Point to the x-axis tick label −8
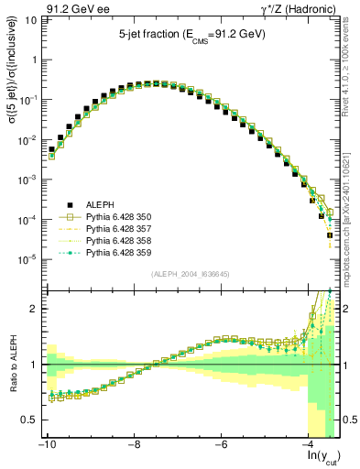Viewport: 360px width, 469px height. click(x=134, y=444)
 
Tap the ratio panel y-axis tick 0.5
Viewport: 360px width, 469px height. click(x=29, y=420)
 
